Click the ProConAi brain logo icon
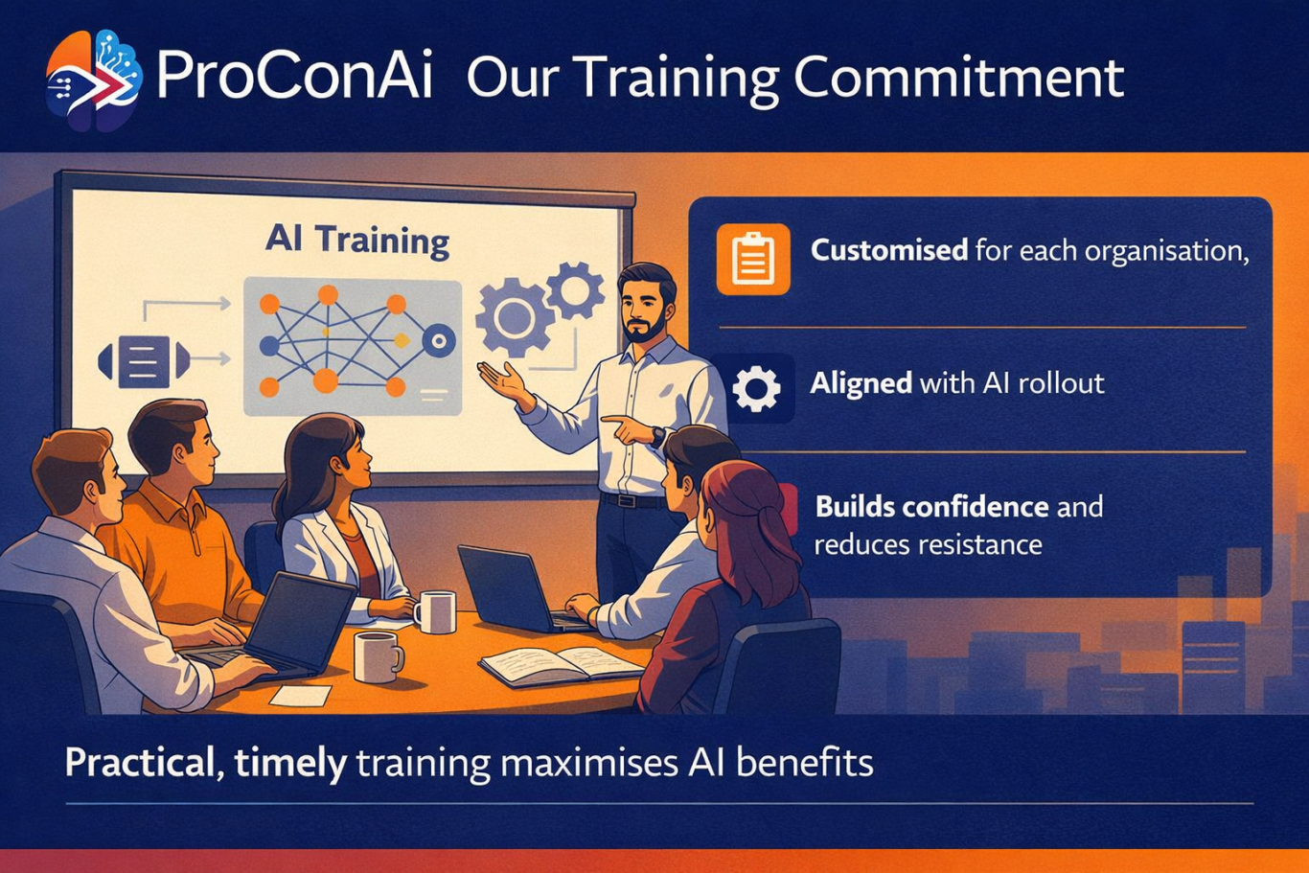[x=94, y=80]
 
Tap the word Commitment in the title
[x=958, y=78]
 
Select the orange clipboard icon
[x=753, y=259]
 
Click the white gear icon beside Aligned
[x=756, y=388]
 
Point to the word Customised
[x=889, y=251]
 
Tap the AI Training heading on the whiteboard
[x=357, y=241]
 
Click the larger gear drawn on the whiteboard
[x=514, y=317]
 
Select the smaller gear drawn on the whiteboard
[x=575, y=290]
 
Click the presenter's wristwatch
[x=658, y=437]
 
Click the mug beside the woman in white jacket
[x=435, y=611]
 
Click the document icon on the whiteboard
[x=143, y=361]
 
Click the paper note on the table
[x=300, y=696]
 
